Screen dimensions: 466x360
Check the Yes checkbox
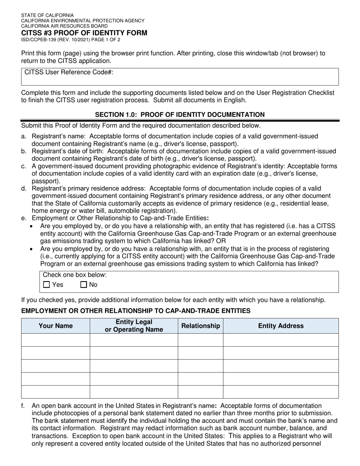[x=47, y=285]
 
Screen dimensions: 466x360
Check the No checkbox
[x=84, y=285]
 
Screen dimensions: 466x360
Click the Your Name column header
[x=56, y=326]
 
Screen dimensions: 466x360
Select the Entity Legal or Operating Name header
[x=134, y=326]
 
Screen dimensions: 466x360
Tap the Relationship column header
[x=200, y=326]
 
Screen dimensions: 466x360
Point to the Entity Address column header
[x=281, y=326]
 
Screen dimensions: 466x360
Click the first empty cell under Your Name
[x=56, y=340]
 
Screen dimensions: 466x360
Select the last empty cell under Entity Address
[x=281, y=392]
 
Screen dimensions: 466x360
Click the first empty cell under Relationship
[x=200, y=340]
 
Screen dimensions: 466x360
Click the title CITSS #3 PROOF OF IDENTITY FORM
[x=84, y=33]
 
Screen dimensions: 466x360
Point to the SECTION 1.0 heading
[x=180, y=114]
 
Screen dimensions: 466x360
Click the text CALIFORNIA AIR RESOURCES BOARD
[x=64, y=26]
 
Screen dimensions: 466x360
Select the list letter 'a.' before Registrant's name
[x=24, y=136]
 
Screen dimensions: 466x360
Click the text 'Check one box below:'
[x=75, y=275]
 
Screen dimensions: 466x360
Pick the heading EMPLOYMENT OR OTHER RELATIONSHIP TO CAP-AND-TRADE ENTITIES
[x=136, y=311]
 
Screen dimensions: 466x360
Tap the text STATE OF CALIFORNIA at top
[x=47, y=16]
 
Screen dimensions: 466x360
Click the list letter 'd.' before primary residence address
[x=24, y=188]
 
